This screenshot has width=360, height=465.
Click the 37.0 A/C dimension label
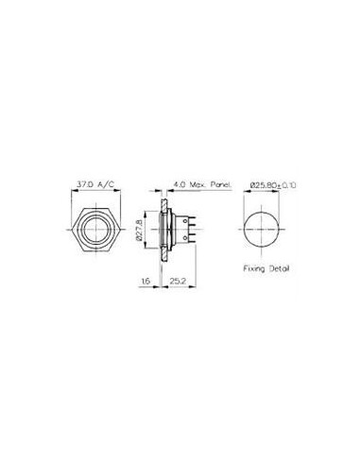coord(95,185)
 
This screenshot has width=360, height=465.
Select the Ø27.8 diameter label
coord(140,230)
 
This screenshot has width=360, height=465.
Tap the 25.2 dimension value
coord(178,281)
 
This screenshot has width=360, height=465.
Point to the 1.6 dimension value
coord(146,281)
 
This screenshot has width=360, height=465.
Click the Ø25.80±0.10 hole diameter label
coord(273,185)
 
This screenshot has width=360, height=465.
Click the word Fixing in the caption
coord(254,269)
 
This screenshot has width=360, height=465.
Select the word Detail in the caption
coord(279,268)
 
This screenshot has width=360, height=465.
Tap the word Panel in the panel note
coord(221,185)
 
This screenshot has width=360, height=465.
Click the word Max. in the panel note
coord(197,185)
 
